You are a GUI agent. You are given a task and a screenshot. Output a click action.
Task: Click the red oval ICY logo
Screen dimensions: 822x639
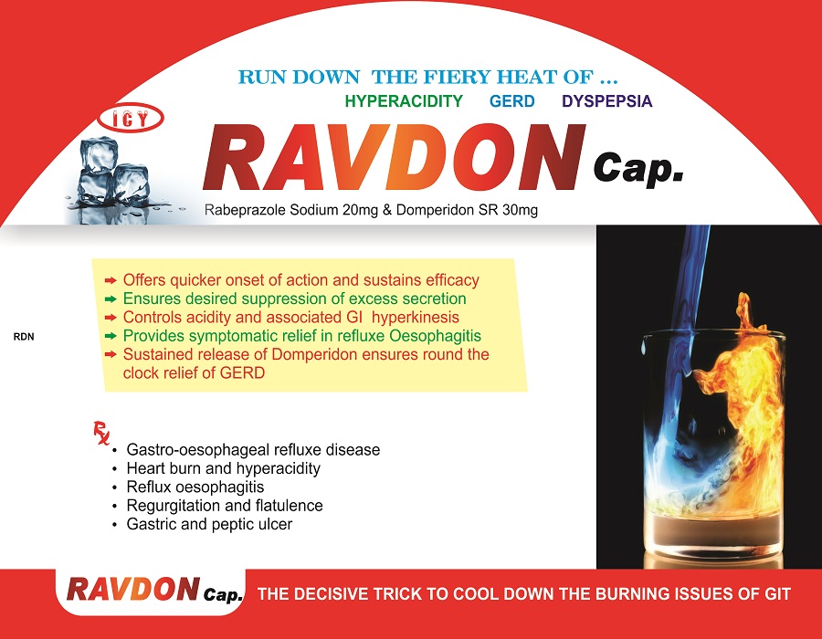click(x=131, y=119)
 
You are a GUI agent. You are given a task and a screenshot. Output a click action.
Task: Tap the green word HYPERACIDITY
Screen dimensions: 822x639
click(x=404, y=101)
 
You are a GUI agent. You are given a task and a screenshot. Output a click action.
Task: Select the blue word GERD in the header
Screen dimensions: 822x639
click(x=512, y=101)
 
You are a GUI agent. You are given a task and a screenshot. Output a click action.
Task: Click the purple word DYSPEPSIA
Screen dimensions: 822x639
click(x=607, y=101)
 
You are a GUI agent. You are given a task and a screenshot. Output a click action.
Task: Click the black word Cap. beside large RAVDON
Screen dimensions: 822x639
click(x=638, y=169)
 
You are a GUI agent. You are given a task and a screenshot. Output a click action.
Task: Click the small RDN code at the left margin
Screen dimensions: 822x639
click(x=24, y=337)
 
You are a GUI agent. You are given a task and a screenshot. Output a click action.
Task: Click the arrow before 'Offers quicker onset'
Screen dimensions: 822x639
click(x=111, y=281)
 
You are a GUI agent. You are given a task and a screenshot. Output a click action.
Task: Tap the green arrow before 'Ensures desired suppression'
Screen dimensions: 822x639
click(x=111, y=299)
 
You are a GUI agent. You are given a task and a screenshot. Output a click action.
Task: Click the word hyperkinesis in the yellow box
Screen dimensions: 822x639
click(x=416, y=318)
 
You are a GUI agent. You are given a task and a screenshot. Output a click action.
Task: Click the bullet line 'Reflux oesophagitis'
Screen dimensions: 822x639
click(x=195, y=487)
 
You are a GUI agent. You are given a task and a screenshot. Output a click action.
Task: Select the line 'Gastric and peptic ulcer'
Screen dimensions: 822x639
click(x=209, y=524)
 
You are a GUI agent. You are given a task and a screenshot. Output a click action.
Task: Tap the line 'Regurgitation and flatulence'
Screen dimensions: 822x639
click(x=225, y=506)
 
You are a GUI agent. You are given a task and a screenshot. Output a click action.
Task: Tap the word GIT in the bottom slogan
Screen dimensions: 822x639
click(x=777, y=594)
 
